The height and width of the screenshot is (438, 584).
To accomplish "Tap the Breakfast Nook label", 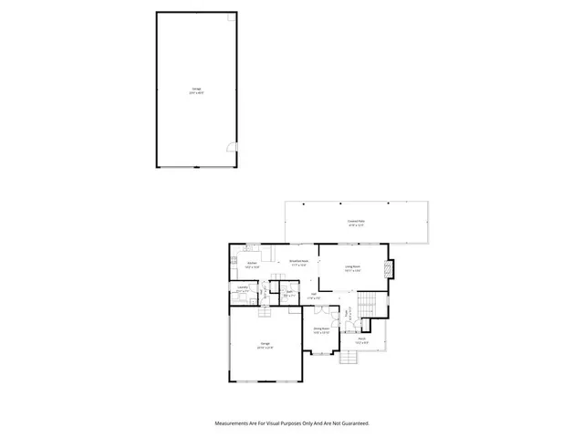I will [298, 262].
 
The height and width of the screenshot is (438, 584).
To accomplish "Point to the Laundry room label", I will [242, 289].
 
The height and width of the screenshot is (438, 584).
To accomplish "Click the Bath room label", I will [288, 294].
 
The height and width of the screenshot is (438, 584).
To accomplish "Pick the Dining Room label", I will [321, 329].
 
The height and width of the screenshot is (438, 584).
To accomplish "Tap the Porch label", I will [361, 340].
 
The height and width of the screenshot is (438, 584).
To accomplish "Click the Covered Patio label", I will [356, 223].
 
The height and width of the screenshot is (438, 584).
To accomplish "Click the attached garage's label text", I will [264, 346].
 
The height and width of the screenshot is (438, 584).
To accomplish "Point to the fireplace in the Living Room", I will [390, 270].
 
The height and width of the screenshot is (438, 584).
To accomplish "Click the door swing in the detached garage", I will [232, 149].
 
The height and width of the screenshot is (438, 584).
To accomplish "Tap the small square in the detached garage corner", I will [232, 18].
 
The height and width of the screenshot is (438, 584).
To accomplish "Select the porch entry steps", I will [350, 358].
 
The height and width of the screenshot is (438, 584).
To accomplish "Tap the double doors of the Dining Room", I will [321, 352].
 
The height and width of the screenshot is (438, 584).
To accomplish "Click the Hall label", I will [313, 297].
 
